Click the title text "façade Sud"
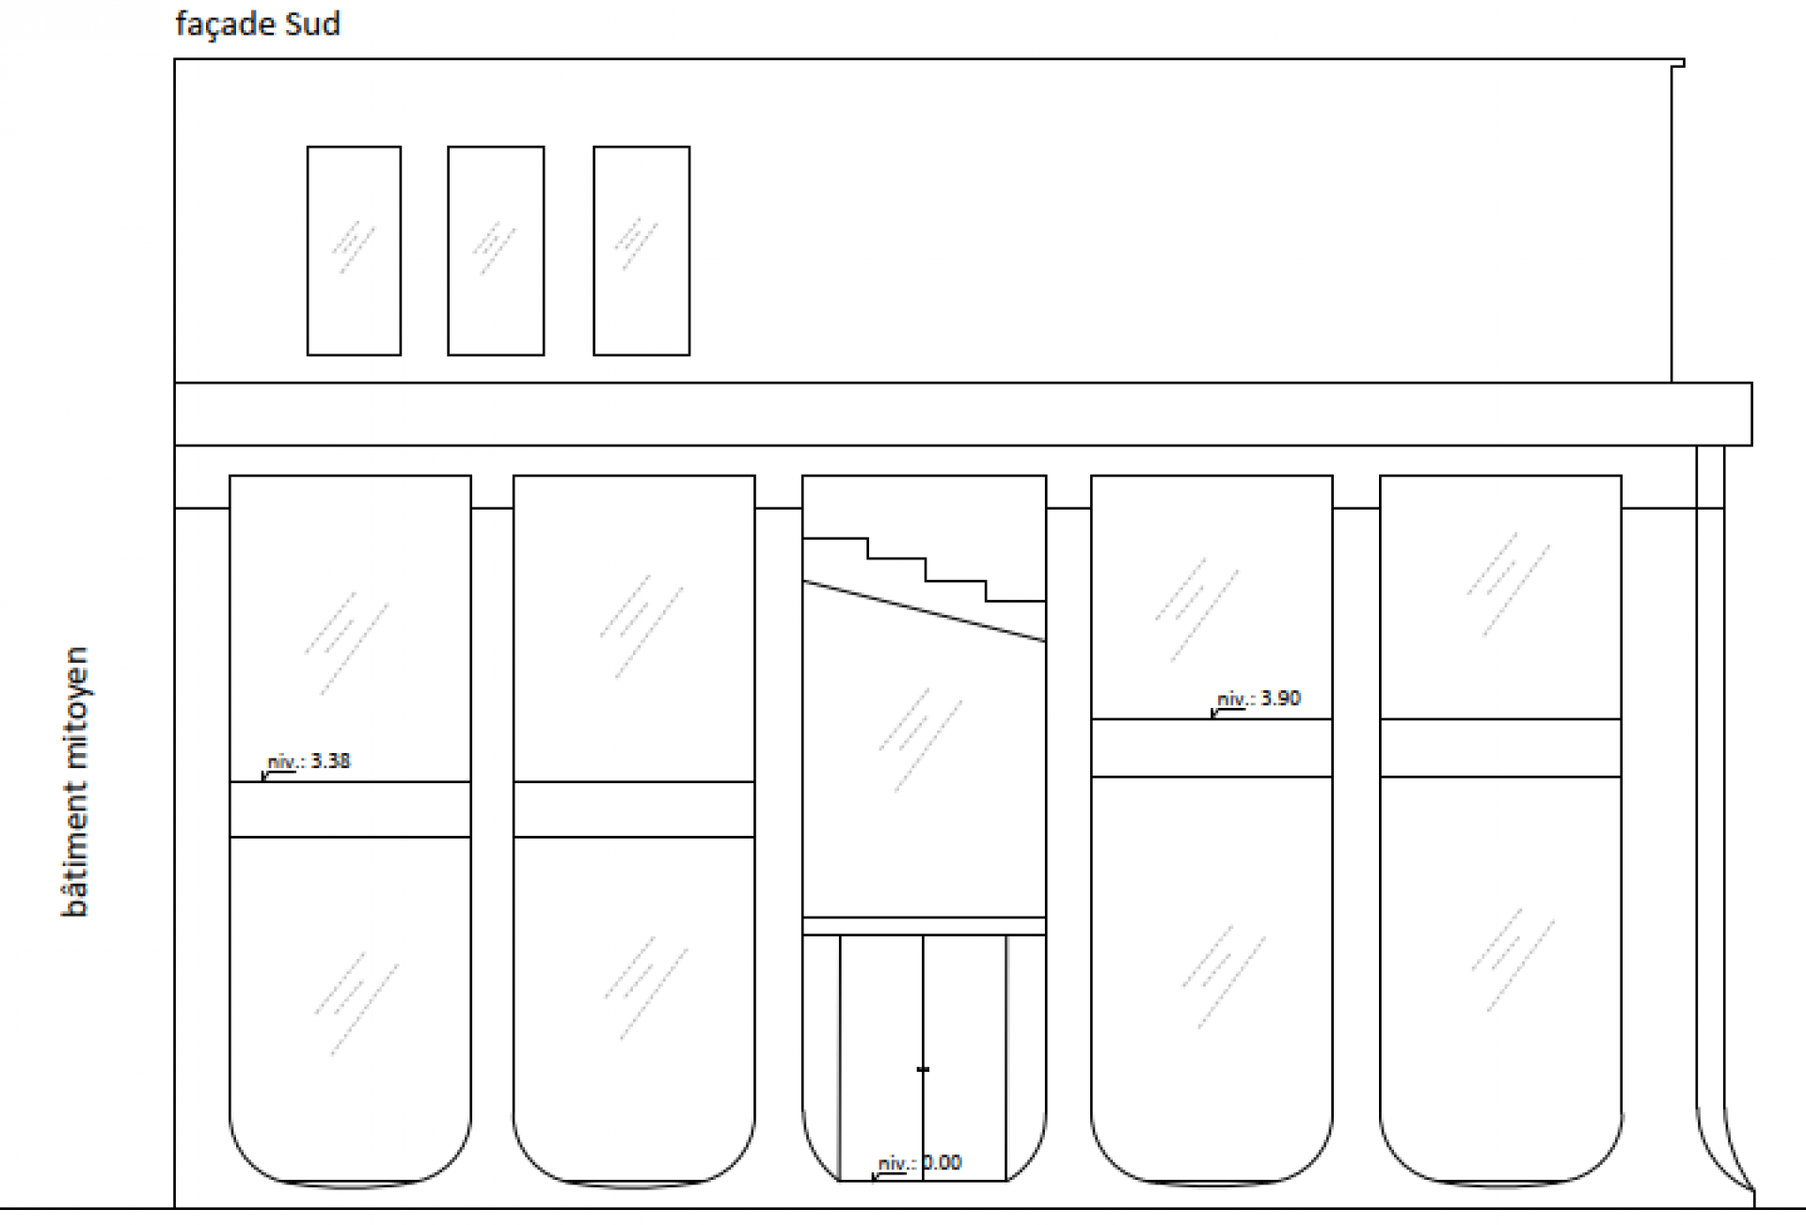(x=257, y=24)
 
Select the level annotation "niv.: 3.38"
(x=309, y=762)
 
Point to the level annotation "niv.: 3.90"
(x=1259, y=699)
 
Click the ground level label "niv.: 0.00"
(x=919, y=1164)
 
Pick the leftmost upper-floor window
(x=354, y=251)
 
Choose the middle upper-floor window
(x=496, y=251)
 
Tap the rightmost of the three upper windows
(x=642, y=251)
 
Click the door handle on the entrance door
(x=923, y=1070)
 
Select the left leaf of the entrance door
(x=881, y=1053)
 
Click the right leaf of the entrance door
(x=965, y=1053)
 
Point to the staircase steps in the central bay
(x=927, y=567)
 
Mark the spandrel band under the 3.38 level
(x=350, y=809)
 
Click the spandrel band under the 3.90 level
(x=1212, y=748)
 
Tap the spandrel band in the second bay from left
(x=634, y=809)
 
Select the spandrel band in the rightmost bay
(x=1500, y=748)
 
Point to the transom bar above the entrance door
(x=924, y=926)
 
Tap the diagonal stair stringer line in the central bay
(x=924, y=612)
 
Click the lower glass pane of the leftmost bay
(x=350, y=997)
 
